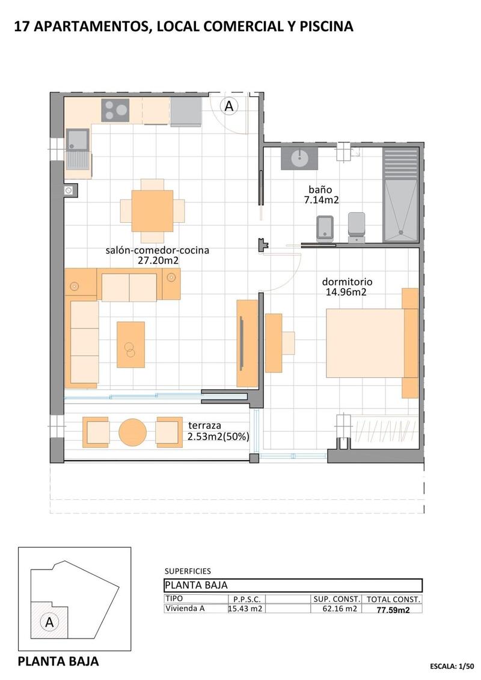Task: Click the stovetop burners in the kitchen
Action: click(115, 110)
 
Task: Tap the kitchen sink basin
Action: click(78, 140)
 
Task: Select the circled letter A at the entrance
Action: click(228, 106)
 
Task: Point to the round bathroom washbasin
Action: click(299, 158)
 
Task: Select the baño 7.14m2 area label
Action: click(322, 195)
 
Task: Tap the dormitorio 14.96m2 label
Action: click(347, 287)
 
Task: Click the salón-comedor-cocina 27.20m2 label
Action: click(157, 255)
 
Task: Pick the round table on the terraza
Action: click(132, 432)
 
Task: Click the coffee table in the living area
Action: click(130, 344)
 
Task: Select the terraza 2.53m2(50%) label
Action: click(218, 430)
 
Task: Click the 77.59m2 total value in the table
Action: click(393, 609)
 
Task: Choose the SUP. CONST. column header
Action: click(336, 599)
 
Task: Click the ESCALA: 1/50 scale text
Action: click(452, 666)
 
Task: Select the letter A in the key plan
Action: click(49, 622)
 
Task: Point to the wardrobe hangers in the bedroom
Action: click(379, 430)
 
